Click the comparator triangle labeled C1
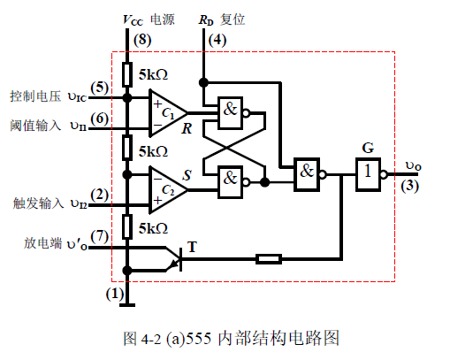tap(165, 111)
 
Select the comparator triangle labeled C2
tap(165, 184)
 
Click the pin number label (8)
tap(141, 40)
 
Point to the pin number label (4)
tap(216, 40)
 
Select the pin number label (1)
tap(115, 293)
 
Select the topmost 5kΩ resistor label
tap(156, 74)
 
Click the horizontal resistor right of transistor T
tap(269, 259)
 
